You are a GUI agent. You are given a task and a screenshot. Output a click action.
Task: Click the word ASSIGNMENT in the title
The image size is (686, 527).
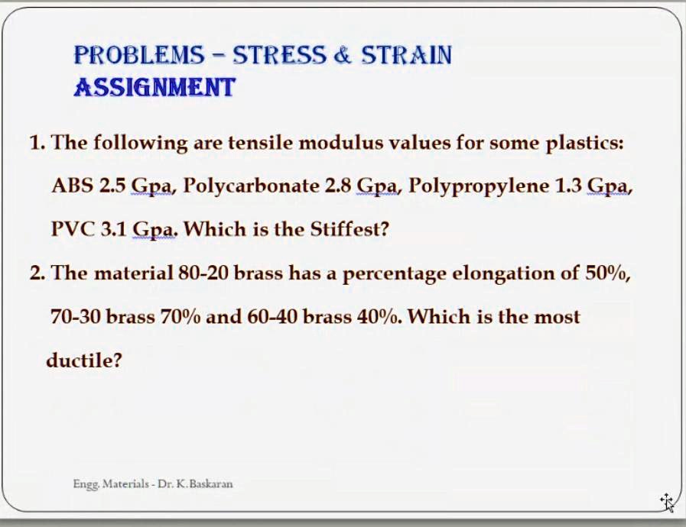(x=154, y=88)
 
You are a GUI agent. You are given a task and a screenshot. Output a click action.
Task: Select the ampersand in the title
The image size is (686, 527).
(x=341, y=55)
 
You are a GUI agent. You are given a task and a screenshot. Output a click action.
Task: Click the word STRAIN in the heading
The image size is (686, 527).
(x=406, y=55)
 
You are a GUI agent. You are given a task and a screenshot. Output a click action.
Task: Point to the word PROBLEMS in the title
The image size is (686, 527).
(x=139, y=55)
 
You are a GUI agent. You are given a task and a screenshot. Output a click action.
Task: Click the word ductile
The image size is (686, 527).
(x=83, y=360)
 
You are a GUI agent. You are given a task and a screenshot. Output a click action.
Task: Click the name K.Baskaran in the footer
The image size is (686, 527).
(x=206, y=483)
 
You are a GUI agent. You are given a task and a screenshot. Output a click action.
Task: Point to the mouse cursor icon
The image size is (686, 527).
(x=667, y=502)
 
